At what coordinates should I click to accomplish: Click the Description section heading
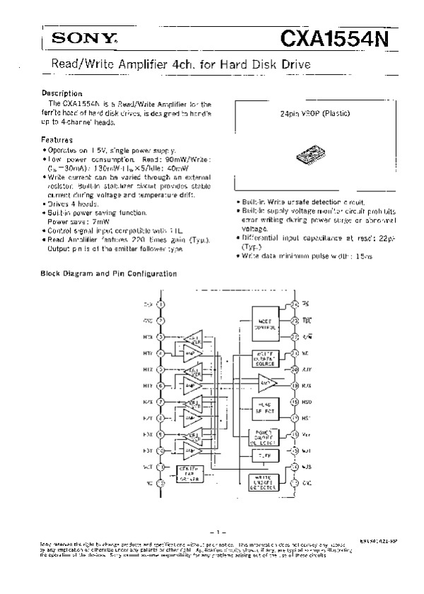[x=62, y=93]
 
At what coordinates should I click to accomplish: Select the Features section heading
[x=57, y=140]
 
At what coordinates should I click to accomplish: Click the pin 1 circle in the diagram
[x=161, y=304]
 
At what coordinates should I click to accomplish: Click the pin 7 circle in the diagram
[x=161, y=402]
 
